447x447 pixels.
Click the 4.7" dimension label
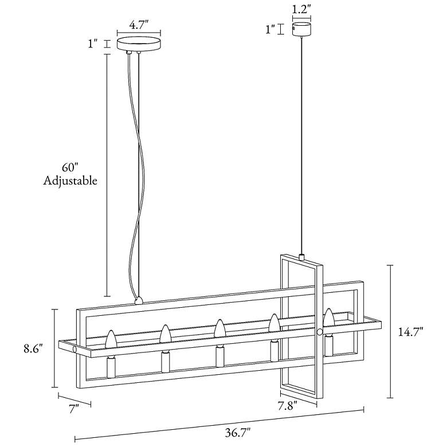(139, 25)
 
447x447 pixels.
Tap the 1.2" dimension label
(301, 9)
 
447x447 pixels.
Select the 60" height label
(69, 168)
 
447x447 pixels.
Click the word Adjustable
(70, 181)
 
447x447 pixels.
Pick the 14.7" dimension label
(411, 331)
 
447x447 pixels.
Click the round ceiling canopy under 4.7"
(138, 44)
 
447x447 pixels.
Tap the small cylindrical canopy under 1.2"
(301, 29)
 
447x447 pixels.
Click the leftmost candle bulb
(111, 339)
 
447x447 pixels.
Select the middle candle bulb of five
(219, 328)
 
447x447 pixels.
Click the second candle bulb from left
(165, 334)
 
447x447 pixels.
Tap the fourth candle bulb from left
(274, 323)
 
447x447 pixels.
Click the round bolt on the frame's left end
(75, 349)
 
